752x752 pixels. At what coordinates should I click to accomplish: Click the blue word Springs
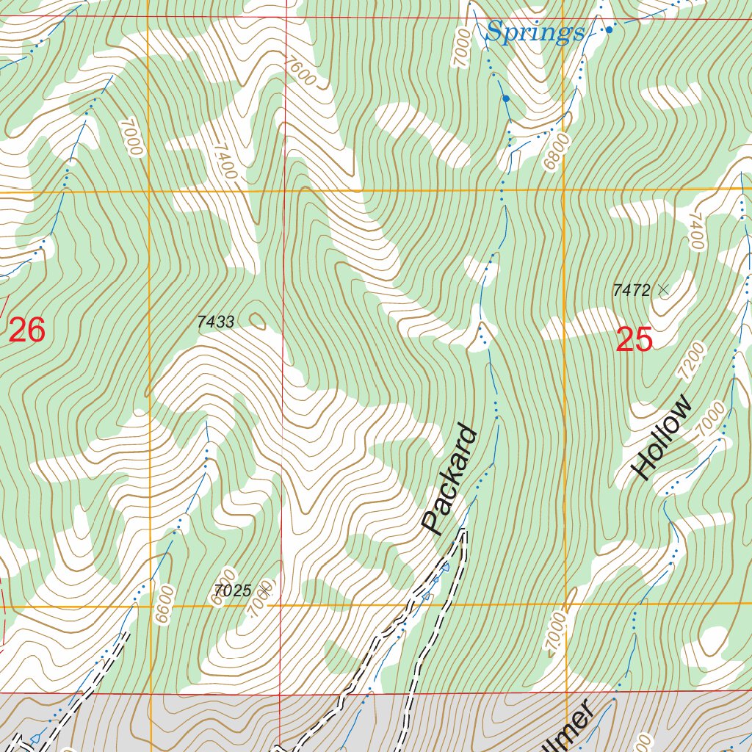click(x=535, y=32)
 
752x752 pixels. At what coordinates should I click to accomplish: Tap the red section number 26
click(x=27, y=331)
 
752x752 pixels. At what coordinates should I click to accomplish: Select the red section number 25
click(x=634, y=340)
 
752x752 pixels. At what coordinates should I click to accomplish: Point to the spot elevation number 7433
click(x=216, y=322)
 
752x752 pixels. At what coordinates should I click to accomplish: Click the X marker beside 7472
click(x=663, y=290)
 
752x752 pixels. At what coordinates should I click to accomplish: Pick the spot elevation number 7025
click(x=234, y=590)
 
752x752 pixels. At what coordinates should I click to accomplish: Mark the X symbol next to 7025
click(x=266, y=587)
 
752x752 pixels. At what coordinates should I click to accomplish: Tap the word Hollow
click(x=662, y=438)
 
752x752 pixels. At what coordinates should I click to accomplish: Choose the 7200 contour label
click(x=691, y=361)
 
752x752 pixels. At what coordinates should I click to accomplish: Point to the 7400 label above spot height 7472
click(x=695, y=231)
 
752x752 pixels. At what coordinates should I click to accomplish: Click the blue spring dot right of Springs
click(x=609, y=30)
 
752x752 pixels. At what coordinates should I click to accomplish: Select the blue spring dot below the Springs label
click(x=506, y=98)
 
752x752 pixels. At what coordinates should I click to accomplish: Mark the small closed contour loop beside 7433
click(x=258, y=320)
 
